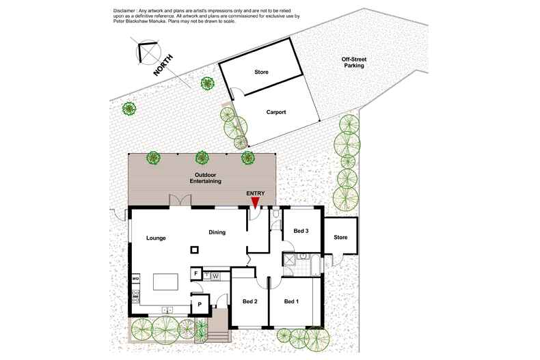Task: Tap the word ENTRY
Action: tap(256, 193)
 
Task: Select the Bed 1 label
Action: tap(291, 301)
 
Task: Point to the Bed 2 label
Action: tap(250, 301)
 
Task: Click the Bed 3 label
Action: tap(301, 232)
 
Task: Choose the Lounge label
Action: tap(157, 238)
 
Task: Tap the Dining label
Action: tap(217, 232)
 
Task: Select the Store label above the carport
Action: tap(261, 72)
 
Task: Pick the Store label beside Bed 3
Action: tap(340, 237)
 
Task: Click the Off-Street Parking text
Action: tap(353, 63)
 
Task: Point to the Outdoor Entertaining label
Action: tap(205, 179)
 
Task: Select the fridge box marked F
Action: tap(195, 273)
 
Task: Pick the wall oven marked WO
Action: tap(135, 279)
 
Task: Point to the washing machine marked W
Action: tap(215, 276)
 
